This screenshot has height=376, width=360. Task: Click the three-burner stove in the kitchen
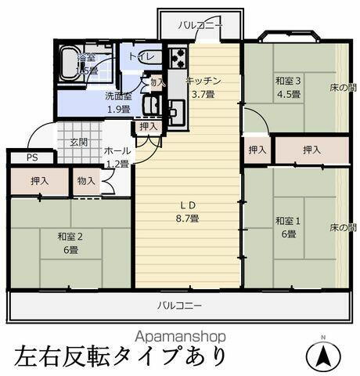click(178, 57)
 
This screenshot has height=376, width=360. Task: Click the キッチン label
click(204, 81)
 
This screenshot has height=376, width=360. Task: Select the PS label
click(31, 157)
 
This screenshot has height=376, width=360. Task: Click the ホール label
click(117, 150)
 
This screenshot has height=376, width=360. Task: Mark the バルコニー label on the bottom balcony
click(180, 305)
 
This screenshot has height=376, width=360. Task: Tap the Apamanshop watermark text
click(180, 335)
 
